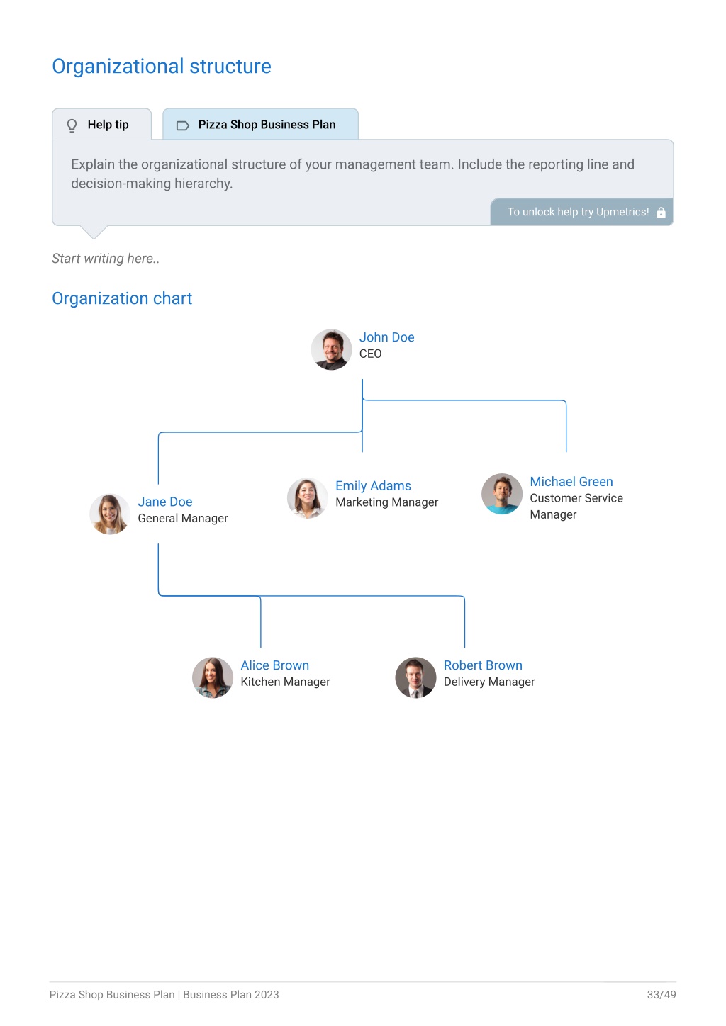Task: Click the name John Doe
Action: pos(386,337)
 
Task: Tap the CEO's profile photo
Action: pos(331,349)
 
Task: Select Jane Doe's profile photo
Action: pos(110,514)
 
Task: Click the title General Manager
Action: pos(183,518)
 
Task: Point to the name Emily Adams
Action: pos(373,485)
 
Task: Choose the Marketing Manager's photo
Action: pos(308,498)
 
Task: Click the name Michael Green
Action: pos(571,481)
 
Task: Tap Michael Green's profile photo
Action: pos(502,494)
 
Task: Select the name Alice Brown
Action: pos(274,665)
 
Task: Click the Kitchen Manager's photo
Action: pos(213,677)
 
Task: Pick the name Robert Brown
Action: pos(483,665)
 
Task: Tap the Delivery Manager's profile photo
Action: pos(415,677)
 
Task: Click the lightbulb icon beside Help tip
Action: pos(72,125)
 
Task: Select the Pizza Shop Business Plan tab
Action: pos(260,124)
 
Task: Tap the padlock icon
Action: pos(661,212)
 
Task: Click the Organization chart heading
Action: pos(122,298)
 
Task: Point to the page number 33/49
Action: pos(661,994)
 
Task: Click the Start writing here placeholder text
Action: pos(106,259)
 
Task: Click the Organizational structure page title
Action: pos(162,67)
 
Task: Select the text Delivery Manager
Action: pos(489,682)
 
